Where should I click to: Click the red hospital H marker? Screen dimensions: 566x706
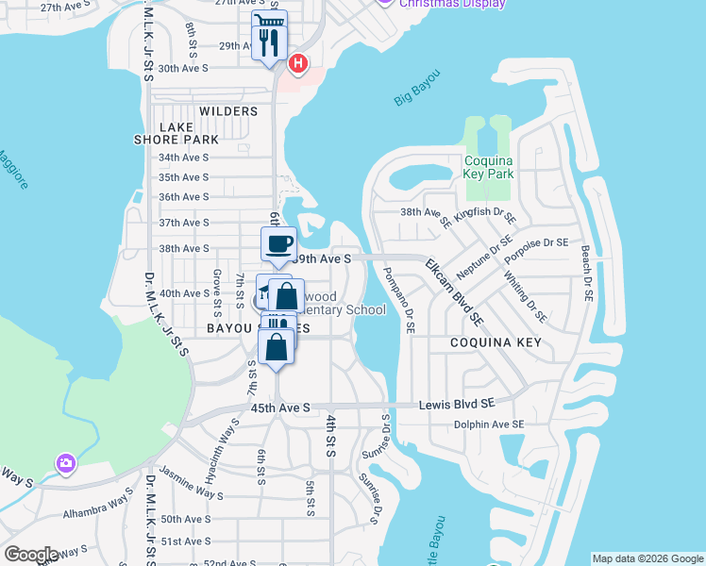298,64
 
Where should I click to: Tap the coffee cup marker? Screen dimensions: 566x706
278,244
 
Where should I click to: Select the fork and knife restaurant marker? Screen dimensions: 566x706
269,42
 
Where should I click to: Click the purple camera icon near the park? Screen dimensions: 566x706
65,462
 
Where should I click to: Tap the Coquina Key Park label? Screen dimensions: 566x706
489,167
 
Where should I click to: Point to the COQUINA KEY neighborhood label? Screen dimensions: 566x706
496,342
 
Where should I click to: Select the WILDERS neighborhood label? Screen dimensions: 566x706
228,111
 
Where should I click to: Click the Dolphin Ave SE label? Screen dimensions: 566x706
488,424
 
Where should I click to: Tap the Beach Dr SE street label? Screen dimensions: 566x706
586,275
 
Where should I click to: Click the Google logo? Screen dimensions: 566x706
31,555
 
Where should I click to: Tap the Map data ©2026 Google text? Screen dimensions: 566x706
647,558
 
